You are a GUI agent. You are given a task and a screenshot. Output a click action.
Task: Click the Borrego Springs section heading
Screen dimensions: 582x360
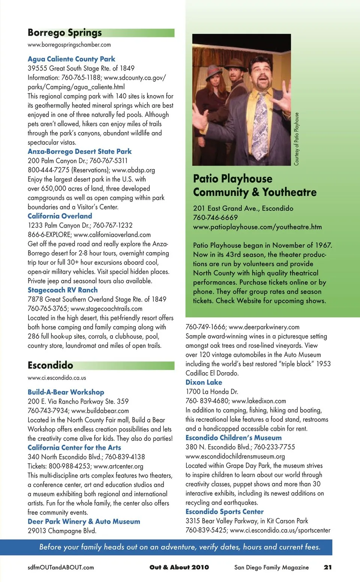coord(64,33)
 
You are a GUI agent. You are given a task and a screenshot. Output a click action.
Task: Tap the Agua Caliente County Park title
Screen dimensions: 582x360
coord(71,59)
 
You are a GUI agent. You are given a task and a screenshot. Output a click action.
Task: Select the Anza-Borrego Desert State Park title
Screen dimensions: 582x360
coord(79,152)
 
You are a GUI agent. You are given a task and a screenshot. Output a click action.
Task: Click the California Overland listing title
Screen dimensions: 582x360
coord(60,216)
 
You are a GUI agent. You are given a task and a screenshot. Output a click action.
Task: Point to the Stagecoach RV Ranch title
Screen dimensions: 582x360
coord(63,290)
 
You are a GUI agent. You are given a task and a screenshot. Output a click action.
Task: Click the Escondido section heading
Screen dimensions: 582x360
coord(50,365)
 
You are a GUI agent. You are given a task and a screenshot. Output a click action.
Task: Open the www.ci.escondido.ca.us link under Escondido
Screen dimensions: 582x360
coord(57,378)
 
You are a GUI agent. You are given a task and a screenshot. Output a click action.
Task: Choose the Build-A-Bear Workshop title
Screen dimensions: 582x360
coord(66,392)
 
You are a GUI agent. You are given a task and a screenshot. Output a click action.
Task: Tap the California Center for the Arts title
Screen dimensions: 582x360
coord(74,448)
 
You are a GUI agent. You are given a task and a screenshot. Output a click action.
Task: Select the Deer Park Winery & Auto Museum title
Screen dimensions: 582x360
coord(84,522)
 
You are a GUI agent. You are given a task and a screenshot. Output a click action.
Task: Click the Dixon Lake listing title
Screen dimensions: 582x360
coord(204,382)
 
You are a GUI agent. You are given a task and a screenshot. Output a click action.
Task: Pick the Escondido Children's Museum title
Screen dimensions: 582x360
coord(233,438)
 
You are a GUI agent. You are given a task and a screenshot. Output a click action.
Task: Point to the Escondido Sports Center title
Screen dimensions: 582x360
coord(224,512)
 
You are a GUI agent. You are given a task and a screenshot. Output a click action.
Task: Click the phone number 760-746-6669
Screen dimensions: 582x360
coord(215,218)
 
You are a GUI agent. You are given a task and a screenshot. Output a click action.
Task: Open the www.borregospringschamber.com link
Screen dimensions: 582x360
coord(69,45)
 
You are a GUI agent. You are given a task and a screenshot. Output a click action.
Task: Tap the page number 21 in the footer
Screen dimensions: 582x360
coord(327,567)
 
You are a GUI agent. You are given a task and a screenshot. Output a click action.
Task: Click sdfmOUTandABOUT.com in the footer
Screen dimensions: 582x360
coord(61,567)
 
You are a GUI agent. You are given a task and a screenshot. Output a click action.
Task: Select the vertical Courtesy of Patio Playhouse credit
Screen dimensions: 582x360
coord(296,139)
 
